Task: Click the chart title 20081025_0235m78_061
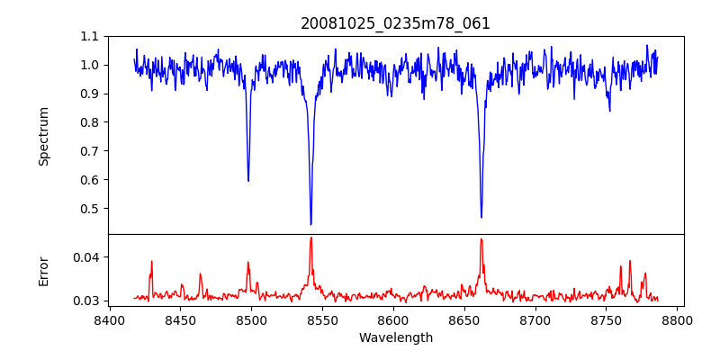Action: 396,23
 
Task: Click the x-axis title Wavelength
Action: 396,337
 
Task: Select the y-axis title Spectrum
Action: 44,136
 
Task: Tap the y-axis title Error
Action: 44,271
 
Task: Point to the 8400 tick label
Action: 109,319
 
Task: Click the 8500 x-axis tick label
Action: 251,319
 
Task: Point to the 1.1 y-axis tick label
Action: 90,36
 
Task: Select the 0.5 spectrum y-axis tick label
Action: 90,209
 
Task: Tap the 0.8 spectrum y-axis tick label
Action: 90,122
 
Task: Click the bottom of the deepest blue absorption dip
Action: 310,224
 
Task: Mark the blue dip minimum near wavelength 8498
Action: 248,181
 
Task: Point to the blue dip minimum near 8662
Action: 481,217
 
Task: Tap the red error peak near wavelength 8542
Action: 310,238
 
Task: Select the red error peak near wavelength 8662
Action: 481,238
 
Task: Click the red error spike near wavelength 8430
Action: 151,261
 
